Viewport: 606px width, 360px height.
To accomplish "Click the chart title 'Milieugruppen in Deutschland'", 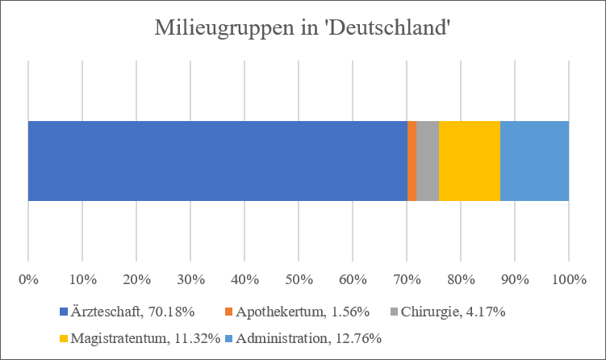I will [303, 30].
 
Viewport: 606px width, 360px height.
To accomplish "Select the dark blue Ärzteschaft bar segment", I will [217, 161].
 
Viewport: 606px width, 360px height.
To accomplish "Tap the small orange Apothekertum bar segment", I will [412, 161].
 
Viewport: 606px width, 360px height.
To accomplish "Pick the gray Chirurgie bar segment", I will [427, 161].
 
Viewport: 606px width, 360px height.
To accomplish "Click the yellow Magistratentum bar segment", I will [469, 161].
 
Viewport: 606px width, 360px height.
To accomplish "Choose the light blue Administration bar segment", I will [534, 161].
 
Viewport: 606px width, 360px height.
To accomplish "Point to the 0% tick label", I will [28, 280].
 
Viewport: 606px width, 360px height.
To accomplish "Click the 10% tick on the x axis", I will [82, 280].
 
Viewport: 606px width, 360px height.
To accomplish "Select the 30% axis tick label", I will [190, 280].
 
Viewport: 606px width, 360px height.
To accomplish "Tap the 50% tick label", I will [299, 280].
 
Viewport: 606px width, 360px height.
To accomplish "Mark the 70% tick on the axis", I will [407, 280].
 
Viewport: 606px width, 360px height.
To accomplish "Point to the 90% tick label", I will [515, 280].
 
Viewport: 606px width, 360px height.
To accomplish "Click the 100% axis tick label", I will [569, 280].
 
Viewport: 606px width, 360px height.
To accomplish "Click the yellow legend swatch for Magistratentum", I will [65, 339].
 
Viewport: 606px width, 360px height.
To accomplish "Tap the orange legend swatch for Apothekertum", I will [228, 312].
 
